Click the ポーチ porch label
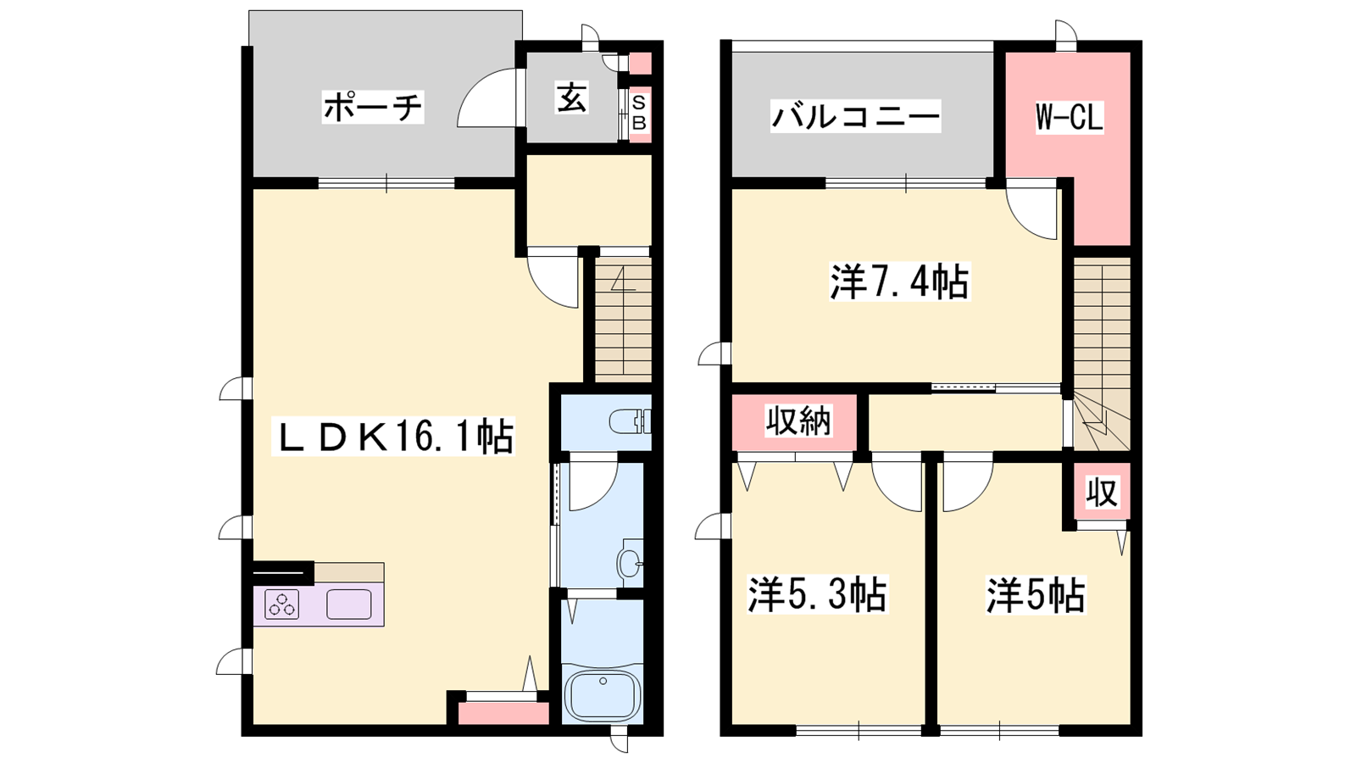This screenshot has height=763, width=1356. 372,108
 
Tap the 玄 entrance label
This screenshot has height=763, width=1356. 571,98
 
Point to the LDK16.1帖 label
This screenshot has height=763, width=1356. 393,436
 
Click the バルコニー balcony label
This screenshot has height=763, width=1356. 855,115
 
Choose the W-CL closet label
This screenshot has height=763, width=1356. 1069,118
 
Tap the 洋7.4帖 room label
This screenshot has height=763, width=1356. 898,281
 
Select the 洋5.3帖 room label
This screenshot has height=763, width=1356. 817,594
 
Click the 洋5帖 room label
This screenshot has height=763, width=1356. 1036,594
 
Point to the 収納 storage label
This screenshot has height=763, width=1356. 798,420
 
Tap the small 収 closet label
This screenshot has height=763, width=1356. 1102,493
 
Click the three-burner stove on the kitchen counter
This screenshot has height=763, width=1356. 282,604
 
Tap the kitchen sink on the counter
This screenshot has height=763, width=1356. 348,604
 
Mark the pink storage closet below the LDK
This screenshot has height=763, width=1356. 503,713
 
